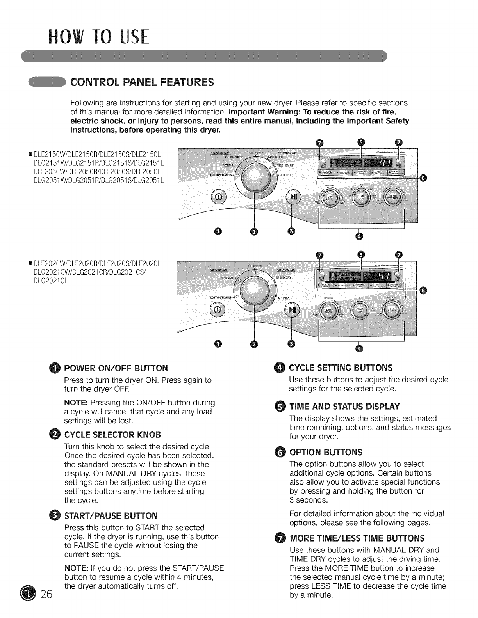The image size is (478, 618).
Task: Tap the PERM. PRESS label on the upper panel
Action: click(x=234, y=157)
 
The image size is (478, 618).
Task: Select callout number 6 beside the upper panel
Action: click(x=424, y=178)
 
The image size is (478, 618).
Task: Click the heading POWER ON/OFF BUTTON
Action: click(x=116, y=368)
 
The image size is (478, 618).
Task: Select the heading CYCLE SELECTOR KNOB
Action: click(x=112, y=435)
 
